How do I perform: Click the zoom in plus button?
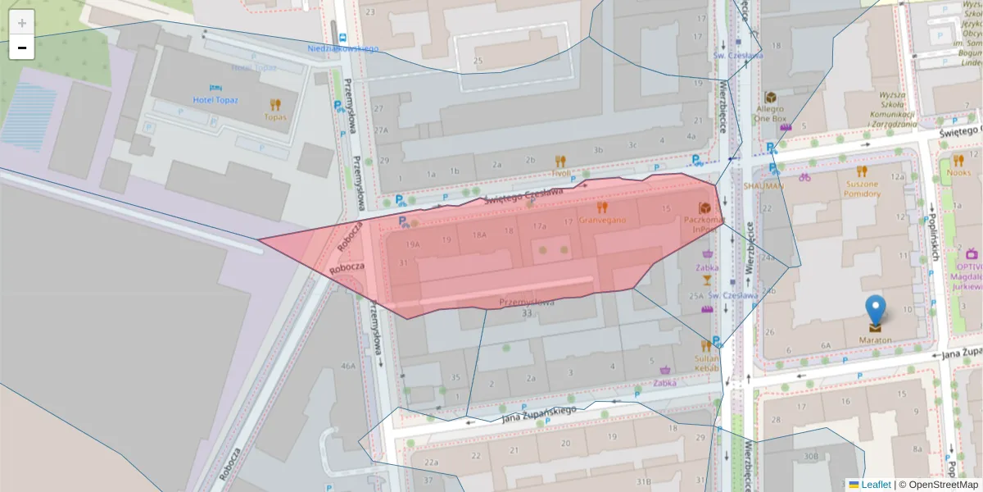click(x=22, y=23)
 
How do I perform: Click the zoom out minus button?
click(x=22, y=48)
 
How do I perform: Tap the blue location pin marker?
click(x=876, y=311)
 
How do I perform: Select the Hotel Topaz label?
click(x=215, y=99)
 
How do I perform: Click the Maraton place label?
click(x=876, y=339)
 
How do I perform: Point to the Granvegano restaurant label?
click(x=602, y=220)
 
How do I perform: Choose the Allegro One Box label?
click(x=770, y=112)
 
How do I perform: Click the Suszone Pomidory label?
click(x=861, y=189)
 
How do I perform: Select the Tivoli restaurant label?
click(x=560, y=173)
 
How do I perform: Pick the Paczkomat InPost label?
click(x=704, y=224)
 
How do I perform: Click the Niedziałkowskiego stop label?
click(x=343, y=48)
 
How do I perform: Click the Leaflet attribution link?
click(x=875, y=485)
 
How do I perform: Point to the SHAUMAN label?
click(x=763, y=186)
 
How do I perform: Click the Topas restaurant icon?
click(x=275, y=104)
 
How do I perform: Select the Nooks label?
click(x=958, y=173)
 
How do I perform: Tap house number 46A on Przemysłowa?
click(x=349, y=366)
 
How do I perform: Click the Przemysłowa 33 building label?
click(x=527, y=307)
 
